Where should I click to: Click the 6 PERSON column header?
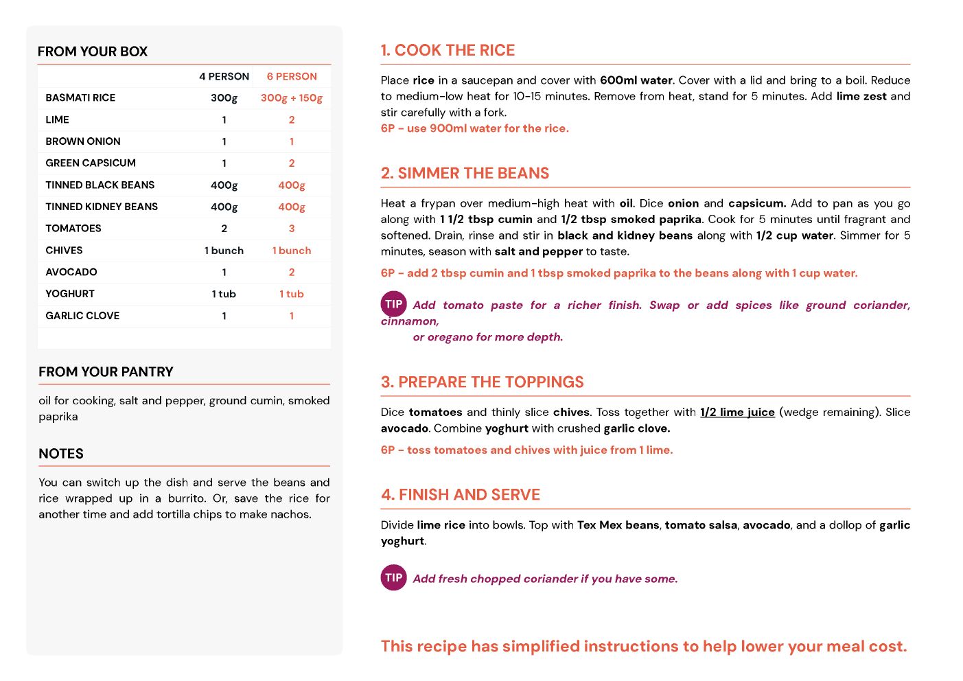[x=292, y=76]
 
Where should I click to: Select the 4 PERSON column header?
[x=224, y=76]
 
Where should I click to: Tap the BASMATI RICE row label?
[x=80, y=97]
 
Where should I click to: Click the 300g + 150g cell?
[x=291, y=97]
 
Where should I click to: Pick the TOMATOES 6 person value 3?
[x=292, y=229]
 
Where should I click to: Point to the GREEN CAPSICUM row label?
[x=91, y=163]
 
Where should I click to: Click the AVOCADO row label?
[x=71, y=272]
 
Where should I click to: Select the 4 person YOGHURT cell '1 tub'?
[x=224, y=294]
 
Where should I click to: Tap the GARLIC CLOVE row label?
[x=82, y=316]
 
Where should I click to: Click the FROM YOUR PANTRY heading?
[x=106, y=371]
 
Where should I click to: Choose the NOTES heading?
[x=61, y=454]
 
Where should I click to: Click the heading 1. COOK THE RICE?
[x=448, y=50]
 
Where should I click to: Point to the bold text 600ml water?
[x=636, y=80]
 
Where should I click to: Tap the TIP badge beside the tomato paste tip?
[x=394, y=304]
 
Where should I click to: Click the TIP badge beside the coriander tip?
[x=394, y=577]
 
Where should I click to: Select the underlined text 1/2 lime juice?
[x=737, y=412]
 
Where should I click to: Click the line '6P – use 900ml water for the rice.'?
[x=474, y=128]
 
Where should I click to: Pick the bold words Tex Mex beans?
[x=618, y=525]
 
